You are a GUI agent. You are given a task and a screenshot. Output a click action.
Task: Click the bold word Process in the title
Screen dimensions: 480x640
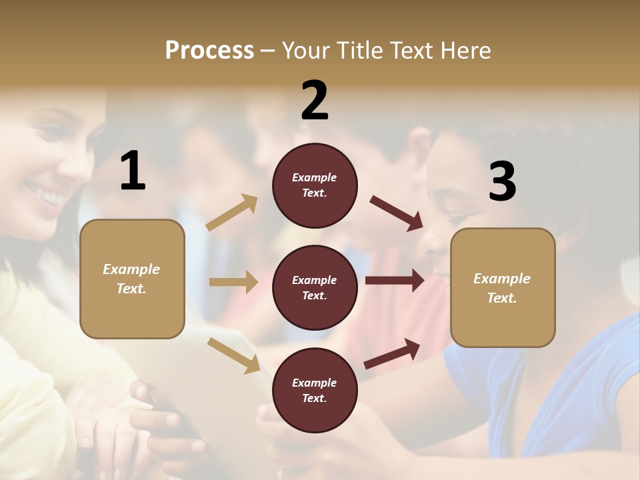pos(209,50)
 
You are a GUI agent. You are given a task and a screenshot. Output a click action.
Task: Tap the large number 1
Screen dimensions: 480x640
pos(133,171)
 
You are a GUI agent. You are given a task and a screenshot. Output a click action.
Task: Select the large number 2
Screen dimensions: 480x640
pos(315,101)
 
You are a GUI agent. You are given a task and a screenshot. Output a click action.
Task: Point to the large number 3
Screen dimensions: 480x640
pos(502,182)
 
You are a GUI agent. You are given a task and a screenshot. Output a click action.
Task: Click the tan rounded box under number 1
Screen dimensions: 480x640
pos(132,279)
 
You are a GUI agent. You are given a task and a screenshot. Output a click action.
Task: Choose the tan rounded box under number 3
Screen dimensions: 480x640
pos(503,287)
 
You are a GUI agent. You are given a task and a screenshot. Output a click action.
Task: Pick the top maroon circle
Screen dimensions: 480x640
pos(315,185)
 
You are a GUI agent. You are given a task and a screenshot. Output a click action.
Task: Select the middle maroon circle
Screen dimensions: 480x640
pos(315,287)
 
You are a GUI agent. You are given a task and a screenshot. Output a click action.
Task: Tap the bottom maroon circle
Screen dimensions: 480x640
pos(315,390)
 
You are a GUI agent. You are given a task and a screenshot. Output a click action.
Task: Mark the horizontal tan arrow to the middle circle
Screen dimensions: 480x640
pos(233,282)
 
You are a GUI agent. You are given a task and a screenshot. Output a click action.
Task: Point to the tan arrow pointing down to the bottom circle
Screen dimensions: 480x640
pos(233,355)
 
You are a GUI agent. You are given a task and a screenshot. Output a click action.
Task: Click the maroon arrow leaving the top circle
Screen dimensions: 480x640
pos(397,213)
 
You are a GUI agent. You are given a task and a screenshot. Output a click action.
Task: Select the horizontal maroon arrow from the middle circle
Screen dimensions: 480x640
pos(395,281)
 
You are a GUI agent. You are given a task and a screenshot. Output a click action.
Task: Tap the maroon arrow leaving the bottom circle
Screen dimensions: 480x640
pos(393,353)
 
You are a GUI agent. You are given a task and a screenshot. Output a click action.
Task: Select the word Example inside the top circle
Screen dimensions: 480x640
pos(315,177)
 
